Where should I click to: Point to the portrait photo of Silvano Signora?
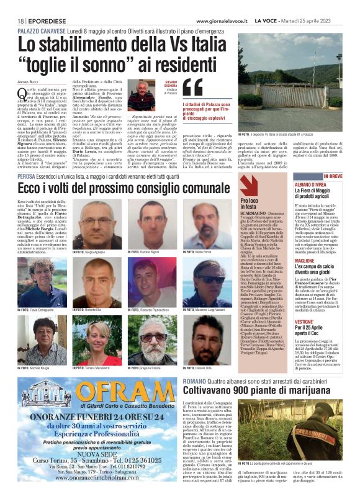[141, 95]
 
